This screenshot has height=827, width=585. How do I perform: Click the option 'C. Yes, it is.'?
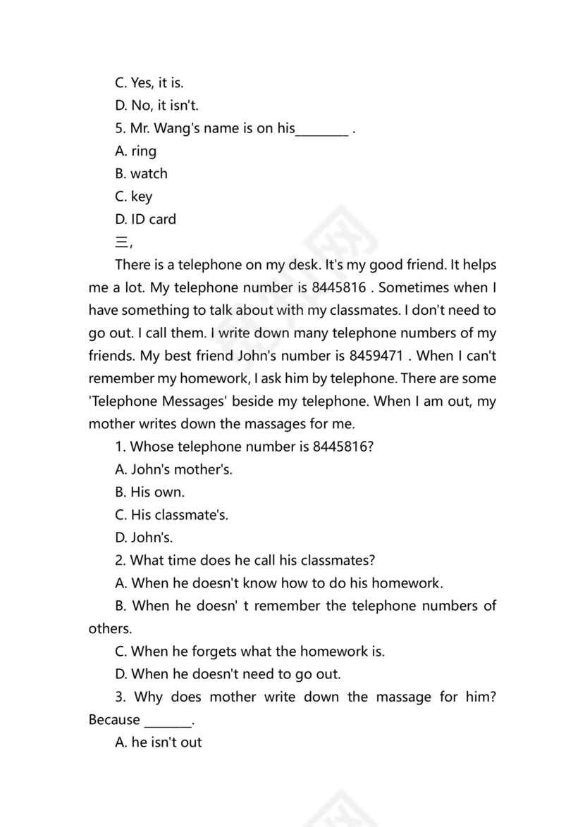(x=149, y=83)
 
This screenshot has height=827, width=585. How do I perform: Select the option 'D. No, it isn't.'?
(x=156, y=106)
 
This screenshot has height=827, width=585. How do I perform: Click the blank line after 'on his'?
(x=321, y=130)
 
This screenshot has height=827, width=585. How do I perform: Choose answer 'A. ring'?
(x=135, y=151)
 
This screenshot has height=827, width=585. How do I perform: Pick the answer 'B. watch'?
(x=141, y=174)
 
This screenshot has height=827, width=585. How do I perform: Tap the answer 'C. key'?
(x=133, y=197)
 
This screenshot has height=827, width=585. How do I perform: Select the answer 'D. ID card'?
(x=145, y=219)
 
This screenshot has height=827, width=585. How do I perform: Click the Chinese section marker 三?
(x=121, y=242)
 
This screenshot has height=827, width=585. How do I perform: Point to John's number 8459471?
(x=376, y=356)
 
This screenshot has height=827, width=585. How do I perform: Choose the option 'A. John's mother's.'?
(x=173, y=469)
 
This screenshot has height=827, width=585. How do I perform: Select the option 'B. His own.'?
(x=149, y=492)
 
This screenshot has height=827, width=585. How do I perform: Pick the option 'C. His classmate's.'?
(x=171, y=515)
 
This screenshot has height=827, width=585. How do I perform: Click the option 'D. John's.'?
(x=144, y=537)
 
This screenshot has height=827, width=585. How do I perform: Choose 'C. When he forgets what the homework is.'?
(x=250, y=652)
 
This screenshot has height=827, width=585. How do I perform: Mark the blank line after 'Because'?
(x=168, y=720)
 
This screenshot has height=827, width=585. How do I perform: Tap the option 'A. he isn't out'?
(x=158, y=742)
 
